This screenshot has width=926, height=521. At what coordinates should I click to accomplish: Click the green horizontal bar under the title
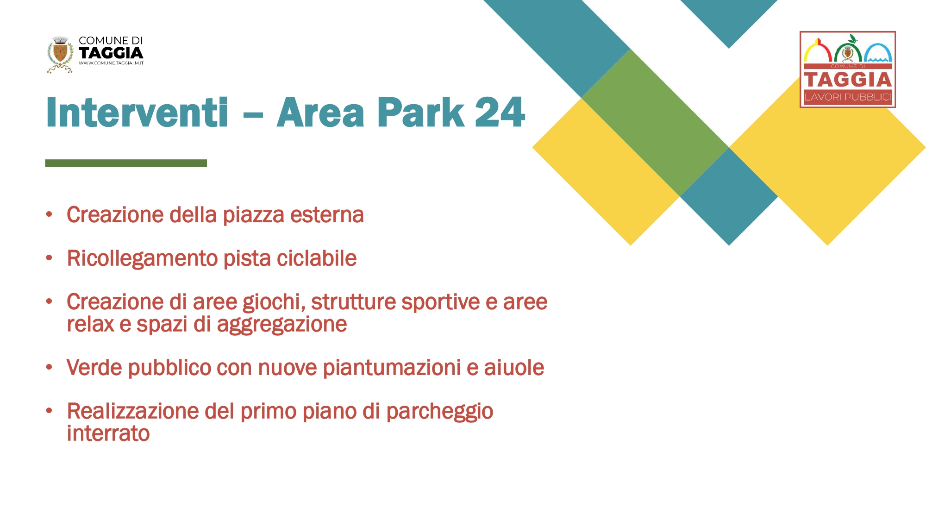tap(126, 163)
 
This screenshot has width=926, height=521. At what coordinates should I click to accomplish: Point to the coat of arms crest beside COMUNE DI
tap(60, 55)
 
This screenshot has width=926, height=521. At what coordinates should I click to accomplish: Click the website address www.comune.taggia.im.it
tap(111, 63)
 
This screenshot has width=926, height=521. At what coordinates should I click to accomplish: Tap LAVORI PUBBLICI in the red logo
tap(848, 97)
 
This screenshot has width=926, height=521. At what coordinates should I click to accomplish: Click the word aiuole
tap(514, 368)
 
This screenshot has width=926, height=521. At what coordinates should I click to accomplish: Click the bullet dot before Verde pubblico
tap(49, 367)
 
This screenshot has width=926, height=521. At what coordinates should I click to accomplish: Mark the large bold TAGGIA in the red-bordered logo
tap(848, 80)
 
